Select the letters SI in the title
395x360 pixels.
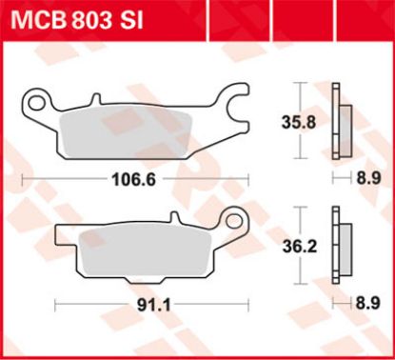(130, 21)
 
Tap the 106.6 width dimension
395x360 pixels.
(134, 180)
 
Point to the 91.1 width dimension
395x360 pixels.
(154, 306)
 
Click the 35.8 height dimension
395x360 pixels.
(299, 123)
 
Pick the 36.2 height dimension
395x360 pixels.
(300, 247)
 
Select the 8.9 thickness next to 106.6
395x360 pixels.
(368, 178)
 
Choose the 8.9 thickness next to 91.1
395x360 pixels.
(368, 303)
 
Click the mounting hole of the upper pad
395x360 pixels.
(36, 103)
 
